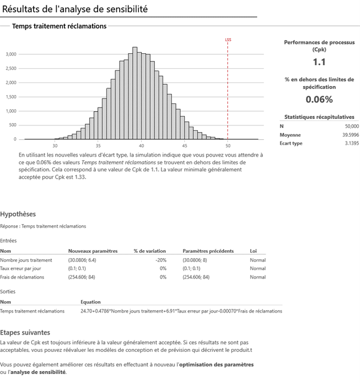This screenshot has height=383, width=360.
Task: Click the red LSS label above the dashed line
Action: coord(228,41)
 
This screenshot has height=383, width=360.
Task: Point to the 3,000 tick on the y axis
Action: coord(11,54)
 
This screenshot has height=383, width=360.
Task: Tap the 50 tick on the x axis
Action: coord(227,145)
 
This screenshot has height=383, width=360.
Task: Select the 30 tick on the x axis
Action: coord(55,145)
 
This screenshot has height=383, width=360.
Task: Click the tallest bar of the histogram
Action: coord(135,93)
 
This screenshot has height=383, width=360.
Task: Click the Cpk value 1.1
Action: coord(319,62)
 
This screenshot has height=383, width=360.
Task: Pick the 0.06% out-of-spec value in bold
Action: coord(319,99)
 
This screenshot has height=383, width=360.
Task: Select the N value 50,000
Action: coord(352,126)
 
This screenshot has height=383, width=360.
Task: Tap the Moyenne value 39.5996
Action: coord(349,135)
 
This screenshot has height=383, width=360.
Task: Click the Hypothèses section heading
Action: coord(18,213)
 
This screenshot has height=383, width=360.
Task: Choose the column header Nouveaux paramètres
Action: coord(93,251)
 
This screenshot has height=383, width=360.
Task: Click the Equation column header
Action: coord(90,302)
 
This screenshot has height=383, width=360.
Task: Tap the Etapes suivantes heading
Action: coord(25,332)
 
